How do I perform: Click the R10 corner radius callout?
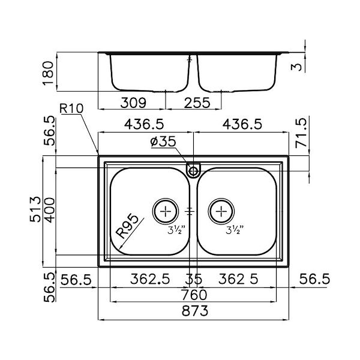tap(71, 110)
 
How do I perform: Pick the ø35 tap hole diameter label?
tap(164, 143)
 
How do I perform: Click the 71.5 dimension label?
tap(302, 135)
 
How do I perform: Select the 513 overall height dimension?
tap(35, 210)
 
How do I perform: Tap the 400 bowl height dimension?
tap(50, 210)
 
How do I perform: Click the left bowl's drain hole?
tap(165, 211)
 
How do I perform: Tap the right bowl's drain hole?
tap(221, 211)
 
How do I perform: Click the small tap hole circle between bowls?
tap(193, 170)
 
